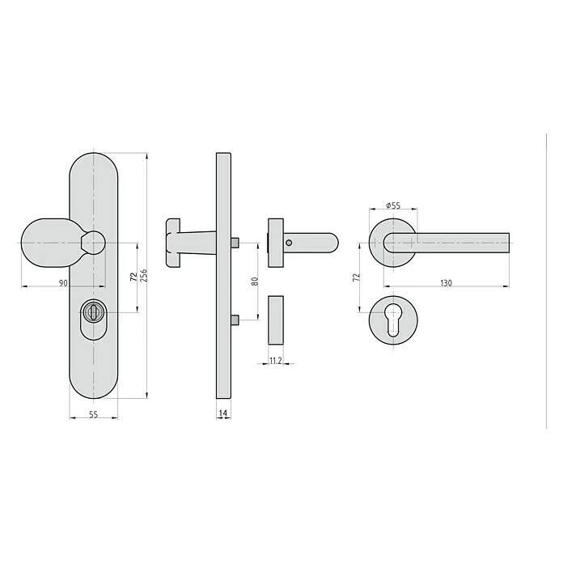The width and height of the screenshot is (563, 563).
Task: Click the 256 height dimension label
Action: click(144, 275)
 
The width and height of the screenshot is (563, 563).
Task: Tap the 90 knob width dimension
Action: click(63, 283)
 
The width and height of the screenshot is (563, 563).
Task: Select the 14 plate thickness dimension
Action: click(223, 413)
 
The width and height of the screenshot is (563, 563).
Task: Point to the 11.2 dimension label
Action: click(275, 361)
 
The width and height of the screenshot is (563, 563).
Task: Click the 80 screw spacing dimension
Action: click(255, 281)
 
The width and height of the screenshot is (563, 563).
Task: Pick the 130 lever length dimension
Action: click(446, 283)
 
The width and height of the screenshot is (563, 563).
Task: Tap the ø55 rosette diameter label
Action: click(393, 205)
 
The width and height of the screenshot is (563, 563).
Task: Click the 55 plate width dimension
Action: click(93, 414)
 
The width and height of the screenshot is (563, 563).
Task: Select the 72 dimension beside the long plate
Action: click(133, 277)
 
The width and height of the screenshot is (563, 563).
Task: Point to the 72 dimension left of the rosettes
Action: click(357, 277)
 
